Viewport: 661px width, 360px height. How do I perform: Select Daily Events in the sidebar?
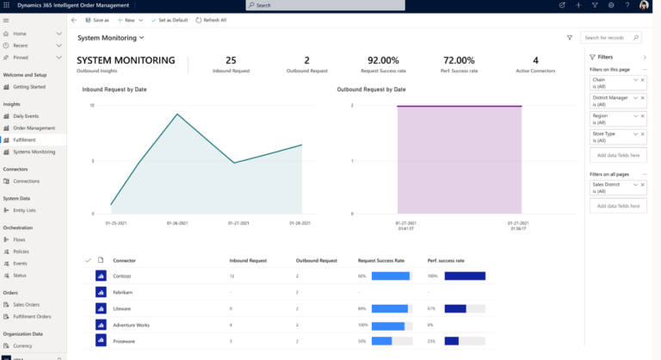tap(26, 115)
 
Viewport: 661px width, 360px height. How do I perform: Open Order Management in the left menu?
tap(34, 127)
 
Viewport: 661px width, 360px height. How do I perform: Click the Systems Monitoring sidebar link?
tap(34, 151)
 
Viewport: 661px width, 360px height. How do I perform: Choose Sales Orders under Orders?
tap(26, 304)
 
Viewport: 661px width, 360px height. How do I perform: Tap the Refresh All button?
tap(211, 19)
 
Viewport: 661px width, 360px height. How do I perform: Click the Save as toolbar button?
tap(97, 19)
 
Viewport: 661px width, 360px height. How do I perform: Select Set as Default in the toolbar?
tap(169, 19)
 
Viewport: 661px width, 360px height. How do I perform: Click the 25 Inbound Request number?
tap(231, 60)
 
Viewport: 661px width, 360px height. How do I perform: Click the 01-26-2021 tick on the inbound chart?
tap(178, 221)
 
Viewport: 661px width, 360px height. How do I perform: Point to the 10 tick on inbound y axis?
tap(92, 106)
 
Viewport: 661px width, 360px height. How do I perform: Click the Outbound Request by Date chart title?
tap(371, 89)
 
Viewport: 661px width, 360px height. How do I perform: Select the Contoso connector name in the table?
tap(121, 276)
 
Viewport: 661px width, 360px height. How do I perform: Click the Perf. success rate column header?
tap(446, 259)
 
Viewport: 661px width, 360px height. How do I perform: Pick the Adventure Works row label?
tap(131, 325)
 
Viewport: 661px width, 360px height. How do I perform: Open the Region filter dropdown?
tap(635, 115)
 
